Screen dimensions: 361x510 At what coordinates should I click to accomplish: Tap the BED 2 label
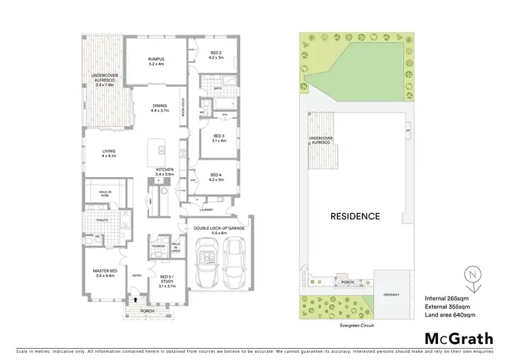pyautogui.click(x=216, y=54)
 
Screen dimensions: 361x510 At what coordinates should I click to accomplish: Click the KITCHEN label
pyautogui.click(x=165, y=171)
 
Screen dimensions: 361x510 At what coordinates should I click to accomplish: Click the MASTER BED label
pyautogui.click(x=105, y=274)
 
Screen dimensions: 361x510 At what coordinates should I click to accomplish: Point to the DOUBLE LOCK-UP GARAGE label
pyautogui.click(x=218, y=230)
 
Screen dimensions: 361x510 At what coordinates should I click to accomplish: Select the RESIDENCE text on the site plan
pyautogui.click(x=354, y=216)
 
